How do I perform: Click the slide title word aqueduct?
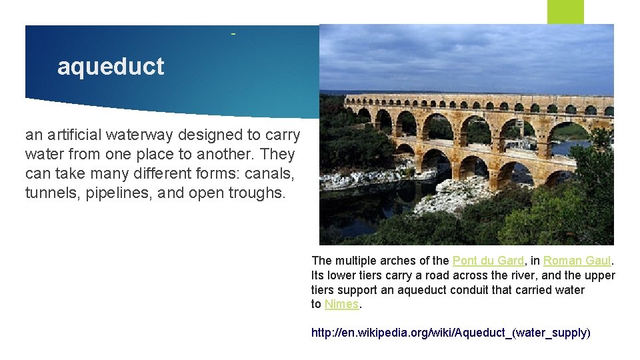pos(110,67)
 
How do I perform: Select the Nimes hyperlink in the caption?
pos(341,304)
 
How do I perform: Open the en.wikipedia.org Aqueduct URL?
pos(451,332)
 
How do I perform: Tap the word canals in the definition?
pos(275,174)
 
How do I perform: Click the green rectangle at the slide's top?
pos(565,11)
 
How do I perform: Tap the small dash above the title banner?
pos(233,33)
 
